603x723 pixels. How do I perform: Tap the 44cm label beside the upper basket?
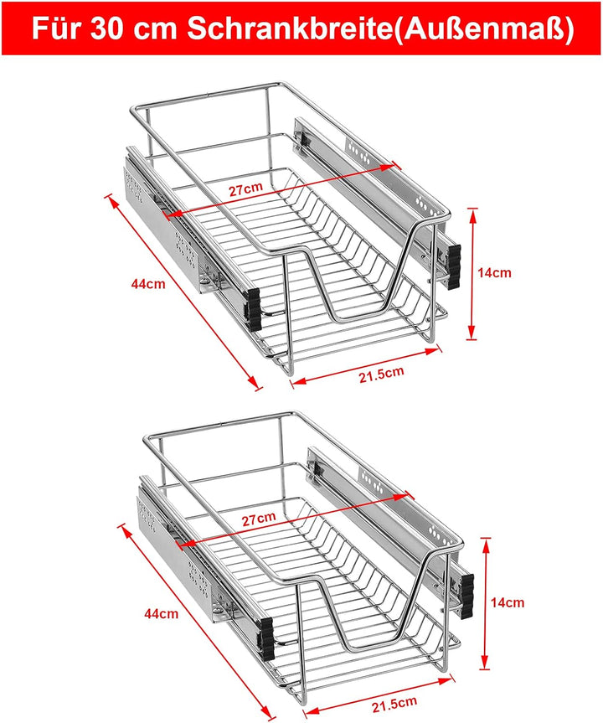pos(147,284)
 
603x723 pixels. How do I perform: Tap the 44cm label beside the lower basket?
pos(162,613)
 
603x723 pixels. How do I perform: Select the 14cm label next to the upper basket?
pos(494,272)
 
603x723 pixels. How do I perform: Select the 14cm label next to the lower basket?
pos(508,602)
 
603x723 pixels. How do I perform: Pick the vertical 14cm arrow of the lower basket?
pos(486,603)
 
